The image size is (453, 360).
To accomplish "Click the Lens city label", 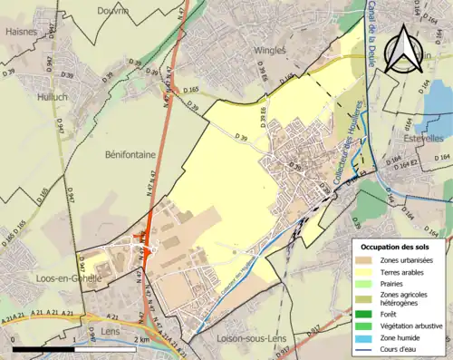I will click(109, 322).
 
